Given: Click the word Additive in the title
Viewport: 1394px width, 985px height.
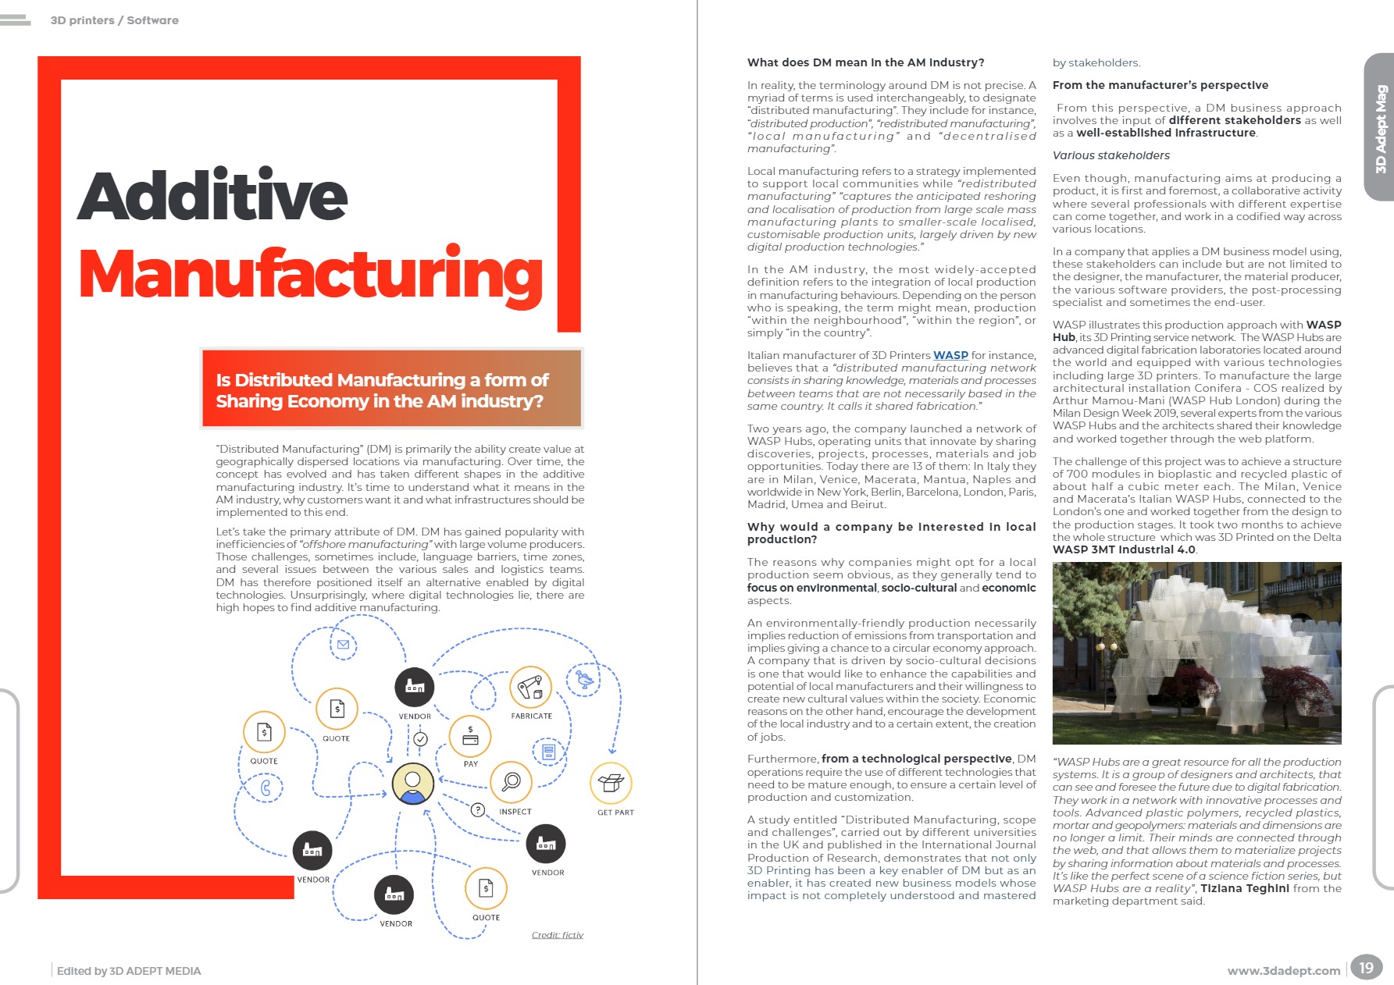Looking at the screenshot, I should coord(212,195).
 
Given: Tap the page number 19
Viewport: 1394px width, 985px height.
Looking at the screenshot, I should coord(1366,968).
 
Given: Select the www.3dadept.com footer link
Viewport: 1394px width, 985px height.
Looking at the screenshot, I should coord(1283,971).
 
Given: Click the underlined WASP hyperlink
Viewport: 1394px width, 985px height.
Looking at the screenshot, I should coord(950,355).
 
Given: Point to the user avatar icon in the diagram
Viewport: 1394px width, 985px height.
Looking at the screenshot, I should coord(412,783).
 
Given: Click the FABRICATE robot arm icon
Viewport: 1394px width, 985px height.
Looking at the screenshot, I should coord(530,688).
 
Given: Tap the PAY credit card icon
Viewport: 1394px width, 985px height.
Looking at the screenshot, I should coord(470,736).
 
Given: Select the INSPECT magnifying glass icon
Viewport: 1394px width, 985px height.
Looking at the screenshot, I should coord(512,781).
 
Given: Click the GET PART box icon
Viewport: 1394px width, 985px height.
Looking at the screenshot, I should coord(611,783).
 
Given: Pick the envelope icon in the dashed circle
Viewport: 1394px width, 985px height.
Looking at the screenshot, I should coord(343,645).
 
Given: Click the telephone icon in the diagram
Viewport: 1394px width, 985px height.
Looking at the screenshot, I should coord(266,788).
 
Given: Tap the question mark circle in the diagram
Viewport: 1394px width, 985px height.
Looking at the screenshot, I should coord(478,810).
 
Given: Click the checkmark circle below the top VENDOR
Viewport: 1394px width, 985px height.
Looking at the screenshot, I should coord(420,738).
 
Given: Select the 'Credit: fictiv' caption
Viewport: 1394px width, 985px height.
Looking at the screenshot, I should coord(557,935).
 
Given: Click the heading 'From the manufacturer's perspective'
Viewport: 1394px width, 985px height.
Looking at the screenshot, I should coord(1160,85).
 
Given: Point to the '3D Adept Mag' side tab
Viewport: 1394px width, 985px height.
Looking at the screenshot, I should coord(1380,128).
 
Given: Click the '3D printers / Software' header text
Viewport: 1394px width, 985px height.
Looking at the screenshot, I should coord(114,20).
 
